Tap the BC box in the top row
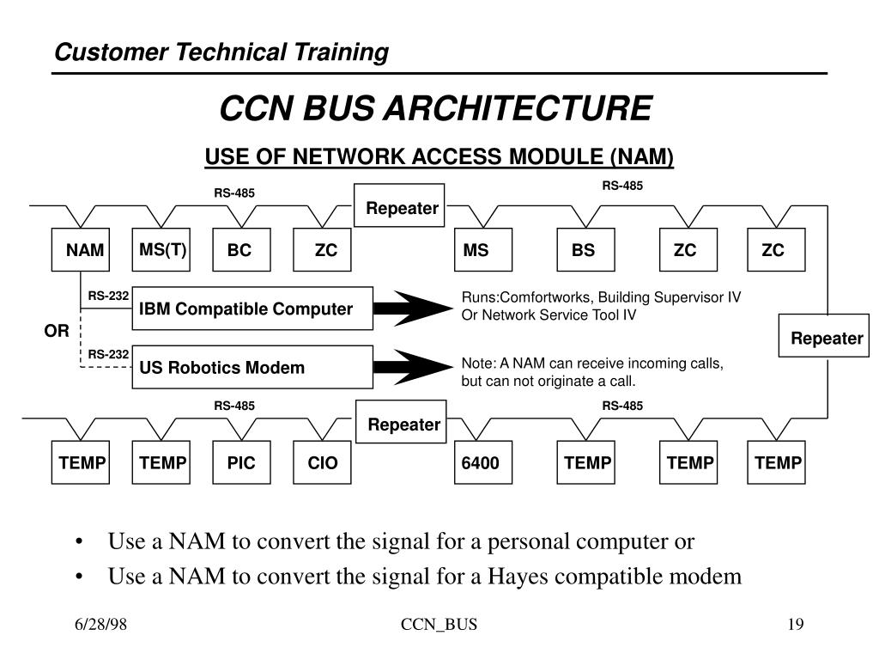(x=241, y=250)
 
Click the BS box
(x=585, y=250)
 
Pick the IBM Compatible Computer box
(x=252, y=309)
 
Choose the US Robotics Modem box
(x=252, y=368)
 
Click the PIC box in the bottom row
(x=241, y=463)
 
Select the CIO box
(x=322, y=463)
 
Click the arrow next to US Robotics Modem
(x=415, y=368)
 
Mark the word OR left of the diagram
(x=57, y=331)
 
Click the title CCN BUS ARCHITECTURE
(x=436, y=109)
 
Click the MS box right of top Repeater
(x=476, y=250)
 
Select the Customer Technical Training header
(x=221, y=52)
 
